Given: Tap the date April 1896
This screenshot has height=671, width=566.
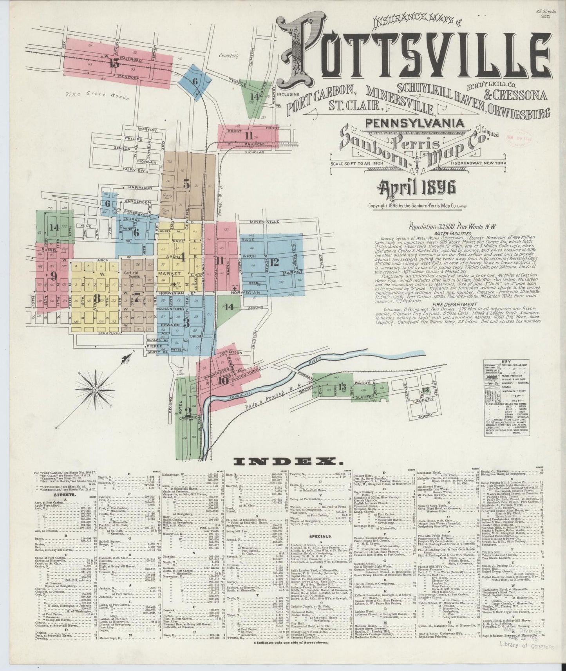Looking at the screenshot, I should [x=416, y=188].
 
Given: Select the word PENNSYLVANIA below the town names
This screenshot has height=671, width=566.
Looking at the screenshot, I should [x=415, y=123].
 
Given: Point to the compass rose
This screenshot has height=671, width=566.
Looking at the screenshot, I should [x=95, y=390].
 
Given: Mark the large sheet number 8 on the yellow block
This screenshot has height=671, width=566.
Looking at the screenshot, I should [x=97, y=296].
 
